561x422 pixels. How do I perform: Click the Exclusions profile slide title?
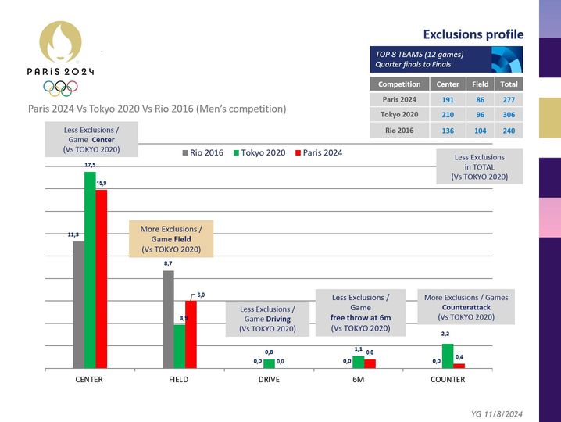pyautogui.click(x=473, y=34)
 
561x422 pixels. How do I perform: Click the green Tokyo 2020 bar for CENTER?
pyautogui.click(x=90, y=270)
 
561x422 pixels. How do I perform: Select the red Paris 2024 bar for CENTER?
pyautogui.click(x=101, y=278)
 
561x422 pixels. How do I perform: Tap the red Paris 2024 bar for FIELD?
pyautogui.click(x=190, y=334)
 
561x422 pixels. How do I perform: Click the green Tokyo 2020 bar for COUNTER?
pyautogui.click(x=448, y=356)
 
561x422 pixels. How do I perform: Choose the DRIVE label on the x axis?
pyautogui.click(x=268, y=380)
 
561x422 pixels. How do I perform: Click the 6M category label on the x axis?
pyautogui.click(x=358, y=380)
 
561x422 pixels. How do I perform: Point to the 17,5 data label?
pyautogui.click(x=90, y=166)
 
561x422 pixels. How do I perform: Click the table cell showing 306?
pyautogui.click(x=509, y=114)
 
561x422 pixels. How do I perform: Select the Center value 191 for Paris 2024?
pyautogui.click(x=448, y=99)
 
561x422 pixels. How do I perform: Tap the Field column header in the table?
pyautogui.click(x=479, y=84)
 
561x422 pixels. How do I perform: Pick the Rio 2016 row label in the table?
pyautogui.click(x=399, y=130)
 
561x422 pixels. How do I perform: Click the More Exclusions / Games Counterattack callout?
pyautogui.click(x=466, y=307)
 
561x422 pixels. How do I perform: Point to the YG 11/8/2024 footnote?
pyautogui.click(x=497, y=413)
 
